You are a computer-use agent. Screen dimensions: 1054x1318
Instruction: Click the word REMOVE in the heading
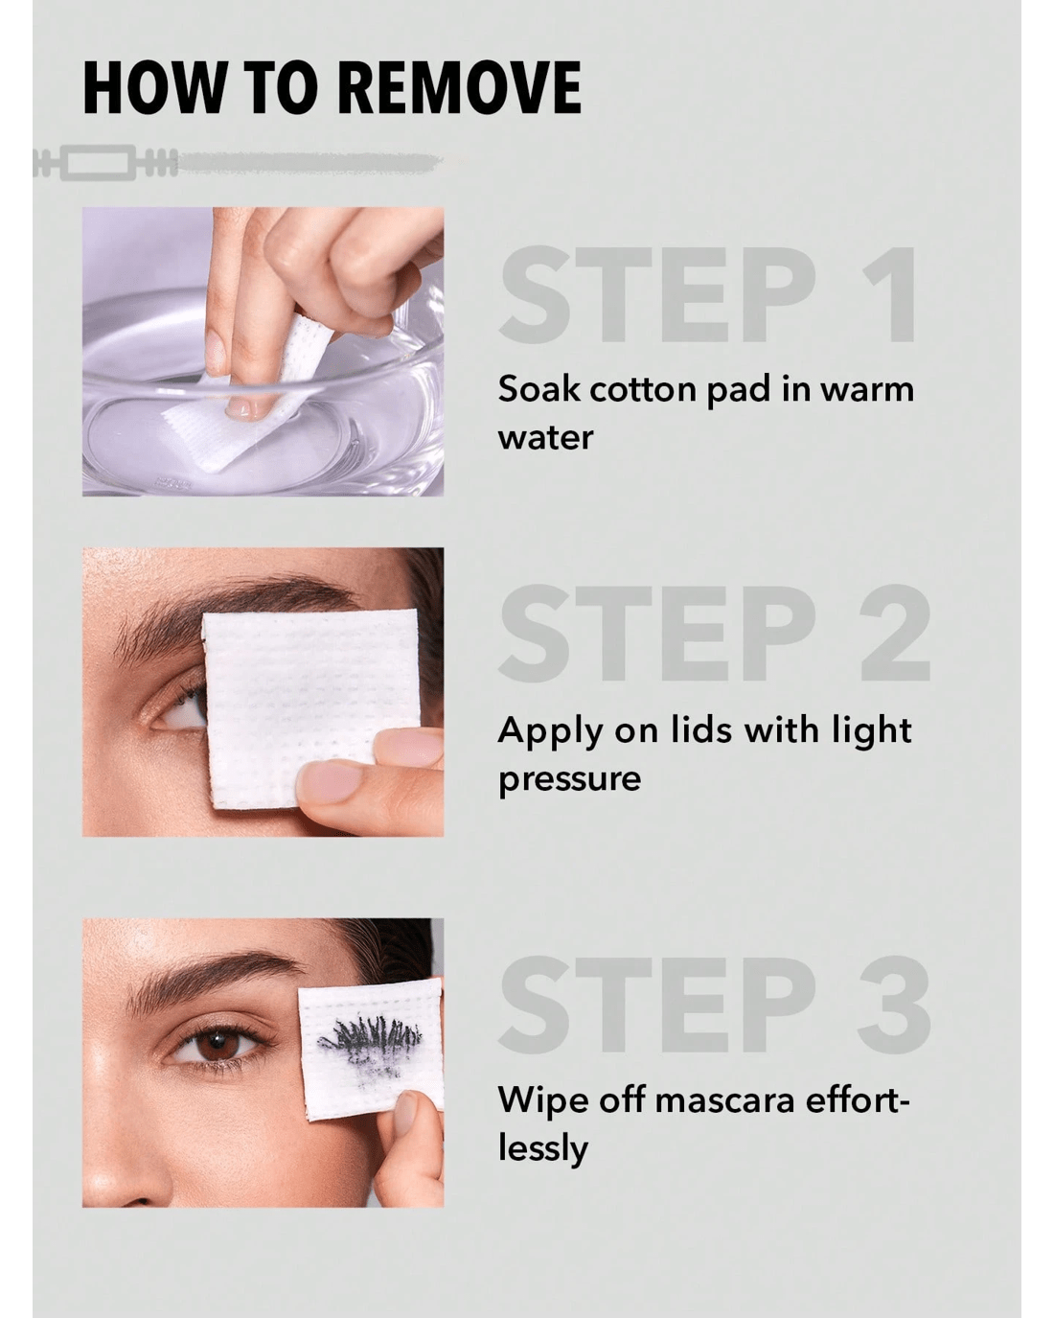(x=459, y=86)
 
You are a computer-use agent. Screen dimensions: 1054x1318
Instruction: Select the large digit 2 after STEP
(x=895, y=632)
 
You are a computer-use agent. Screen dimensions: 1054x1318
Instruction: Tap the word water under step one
(x=545, y=438)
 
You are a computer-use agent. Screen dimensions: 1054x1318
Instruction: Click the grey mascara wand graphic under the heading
(x=239, y=162)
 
